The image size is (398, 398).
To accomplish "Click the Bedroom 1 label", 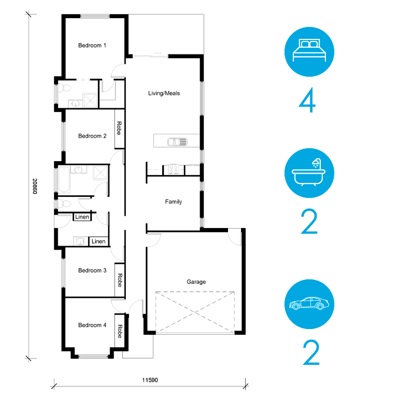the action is click(92, 46).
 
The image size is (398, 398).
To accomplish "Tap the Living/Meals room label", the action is click(164, 93).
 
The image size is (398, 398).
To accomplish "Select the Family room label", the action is click(174, 202).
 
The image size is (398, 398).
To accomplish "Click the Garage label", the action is click(196, 282).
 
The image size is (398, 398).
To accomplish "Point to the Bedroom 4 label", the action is click(92, 325).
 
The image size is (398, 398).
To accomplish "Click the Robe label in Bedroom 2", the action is click(119, 128).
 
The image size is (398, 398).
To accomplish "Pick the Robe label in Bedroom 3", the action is click(120, 280).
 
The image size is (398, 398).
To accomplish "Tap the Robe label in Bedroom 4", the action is click(120, 331).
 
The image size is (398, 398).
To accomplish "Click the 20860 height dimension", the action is click(35, 187).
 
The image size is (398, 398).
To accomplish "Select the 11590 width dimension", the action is click(150, 380).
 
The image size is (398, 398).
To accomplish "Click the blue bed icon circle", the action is click(309, 52).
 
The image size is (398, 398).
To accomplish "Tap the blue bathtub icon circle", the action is click(309, 173).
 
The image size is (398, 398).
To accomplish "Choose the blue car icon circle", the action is click(309, 304).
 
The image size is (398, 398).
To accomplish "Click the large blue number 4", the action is click(307, 99).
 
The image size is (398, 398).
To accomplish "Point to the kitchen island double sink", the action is click(177, 142).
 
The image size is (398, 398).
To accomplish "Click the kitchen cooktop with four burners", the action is click(174, 169).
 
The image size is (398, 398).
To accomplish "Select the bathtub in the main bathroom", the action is click(64, 179).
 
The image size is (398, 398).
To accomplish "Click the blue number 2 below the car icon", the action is click(311, 352).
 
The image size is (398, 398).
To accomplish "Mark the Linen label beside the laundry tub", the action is click(98, 241).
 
